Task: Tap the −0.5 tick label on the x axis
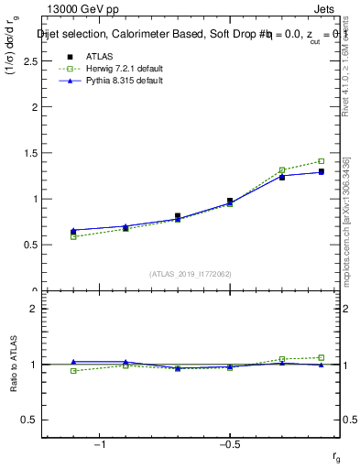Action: tap(229, 443)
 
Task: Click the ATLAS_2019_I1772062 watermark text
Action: tap(191, 274)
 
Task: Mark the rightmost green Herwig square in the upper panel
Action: tap(321, 161)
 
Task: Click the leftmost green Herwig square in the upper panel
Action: tap(73, 237)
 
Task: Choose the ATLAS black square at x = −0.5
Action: tap(230, 201)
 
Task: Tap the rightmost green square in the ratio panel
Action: tap(321, 357)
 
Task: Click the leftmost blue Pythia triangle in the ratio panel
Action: tap(73, 362)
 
